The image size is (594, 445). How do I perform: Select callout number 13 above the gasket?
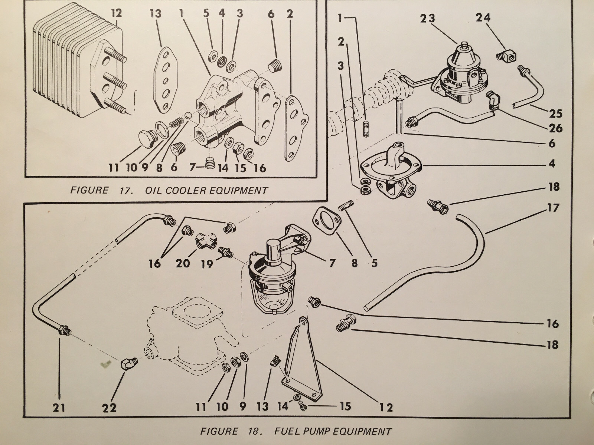tap(156, 14)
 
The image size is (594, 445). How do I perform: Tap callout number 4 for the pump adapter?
tap(552, 164)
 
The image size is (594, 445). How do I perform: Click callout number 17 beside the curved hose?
tap(553, 208)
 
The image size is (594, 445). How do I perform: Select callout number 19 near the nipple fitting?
tap(207, 264)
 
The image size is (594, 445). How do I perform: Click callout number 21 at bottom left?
tap(59, 408)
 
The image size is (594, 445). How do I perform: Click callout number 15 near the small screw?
tap(345, 406)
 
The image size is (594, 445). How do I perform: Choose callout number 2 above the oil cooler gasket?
tap(290, 14)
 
